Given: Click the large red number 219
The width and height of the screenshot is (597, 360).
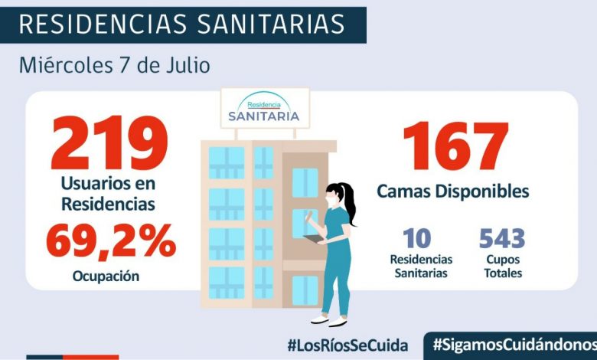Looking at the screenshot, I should [109, 144].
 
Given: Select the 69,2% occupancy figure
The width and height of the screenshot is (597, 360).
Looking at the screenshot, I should [110, 241].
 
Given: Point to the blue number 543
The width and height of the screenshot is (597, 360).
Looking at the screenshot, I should [502, 238].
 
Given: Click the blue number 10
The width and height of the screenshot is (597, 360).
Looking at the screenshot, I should [420, 238].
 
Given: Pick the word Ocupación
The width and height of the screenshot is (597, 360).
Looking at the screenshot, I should [106, 276].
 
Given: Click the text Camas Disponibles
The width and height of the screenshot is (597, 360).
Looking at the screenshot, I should [453, 191].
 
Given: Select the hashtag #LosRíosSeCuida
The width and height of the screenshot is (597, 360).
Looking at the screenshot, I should [347, 345].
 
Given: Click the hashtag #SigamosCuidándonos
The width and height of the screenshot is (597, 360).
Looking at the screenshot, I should [514, 345].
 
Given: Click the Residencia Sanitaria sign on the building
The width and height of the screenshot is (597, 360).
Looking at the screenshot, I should [265, 109].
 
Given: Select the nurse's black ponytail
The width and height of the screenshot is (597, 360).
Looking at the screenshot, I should [349, 203].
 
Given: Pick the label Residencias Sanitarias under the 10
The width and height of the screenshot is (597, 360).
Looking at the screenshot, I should [420, 266].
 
